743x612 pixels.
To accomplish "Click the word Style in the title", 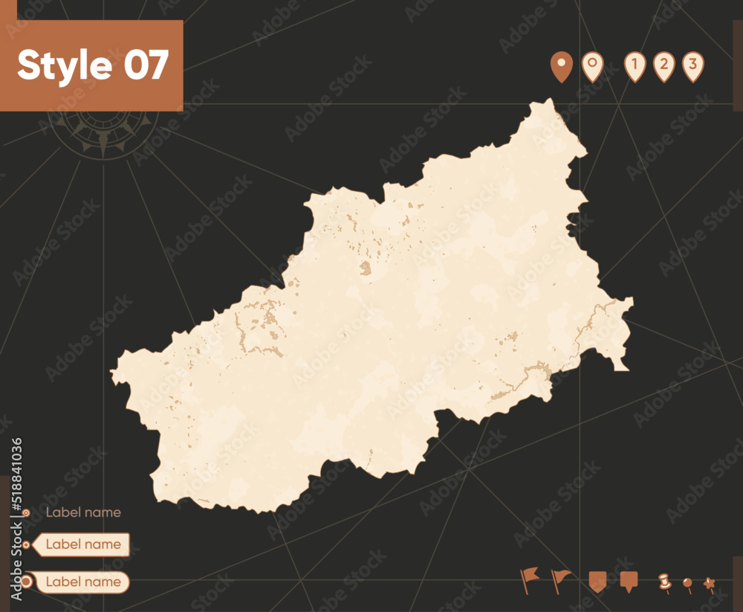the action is [65, 65].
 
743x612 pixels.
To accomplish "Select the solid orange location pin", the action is [561, 66].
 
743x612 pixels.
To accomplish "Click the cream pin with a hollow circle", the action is [592, 66].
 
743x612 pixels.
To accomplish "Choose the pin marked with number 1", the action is [635, 66].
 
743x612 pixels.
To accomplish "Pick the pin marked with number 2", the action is [663, 66].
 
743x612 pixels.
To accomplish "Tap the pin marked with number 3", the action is [692, 66].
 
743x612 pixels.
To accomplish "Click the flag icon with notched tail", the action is [529, 579].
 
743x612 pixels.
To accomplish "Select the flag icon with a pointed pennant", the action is [561, 579].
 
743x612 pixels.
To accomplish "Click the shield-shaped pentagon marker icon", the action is [597, 581].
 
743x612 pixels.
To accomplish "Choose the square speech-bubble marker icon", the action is [629, 581].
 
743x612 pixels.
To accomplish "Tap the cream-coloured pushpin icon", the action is [664, 582].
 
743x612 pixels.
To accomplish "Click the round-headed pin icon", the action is [688, 584].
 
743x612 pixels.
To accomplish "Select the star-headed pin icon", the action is [710, 583].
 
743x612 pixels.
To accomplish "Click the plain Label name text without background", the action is [83, 512].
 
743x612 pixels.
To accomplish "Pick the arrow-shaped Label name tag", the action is [82, 544].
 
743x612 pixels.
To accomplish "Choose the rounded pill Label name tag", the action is [82, 582].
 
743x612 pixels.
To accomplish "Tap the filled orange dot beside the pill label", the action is [27, 582].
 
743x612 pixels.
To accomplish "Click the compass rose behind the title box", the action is [103, 130].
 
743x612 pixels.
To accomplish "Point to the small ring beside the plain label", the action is [27, 512].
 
